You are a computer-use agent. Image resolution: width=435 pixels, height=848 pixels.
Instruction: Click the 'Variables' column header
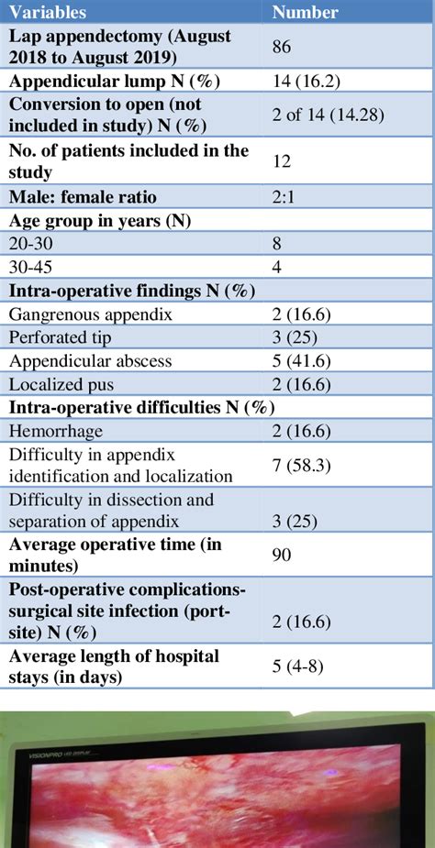(48, 12)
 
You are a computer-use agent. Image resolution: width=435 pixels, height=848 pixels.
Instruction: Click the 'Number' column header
(305, 12)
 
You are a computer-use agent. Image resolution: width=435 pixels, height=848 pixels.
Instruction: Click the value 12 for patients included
(282, 160)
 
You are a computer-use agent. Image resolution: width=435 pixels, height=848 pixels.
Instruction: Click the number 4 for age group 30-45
(276, 267)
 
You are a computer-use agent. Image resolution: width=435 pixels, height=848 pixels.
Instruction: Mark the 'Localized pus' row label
(58, 385)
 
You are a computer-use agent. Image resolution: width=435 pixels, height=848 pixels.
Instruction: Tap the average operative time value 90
(282, 556)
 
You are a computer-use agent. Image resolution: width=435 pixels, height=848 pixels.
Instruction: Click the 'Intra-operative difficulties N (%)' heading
(141, 408)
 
